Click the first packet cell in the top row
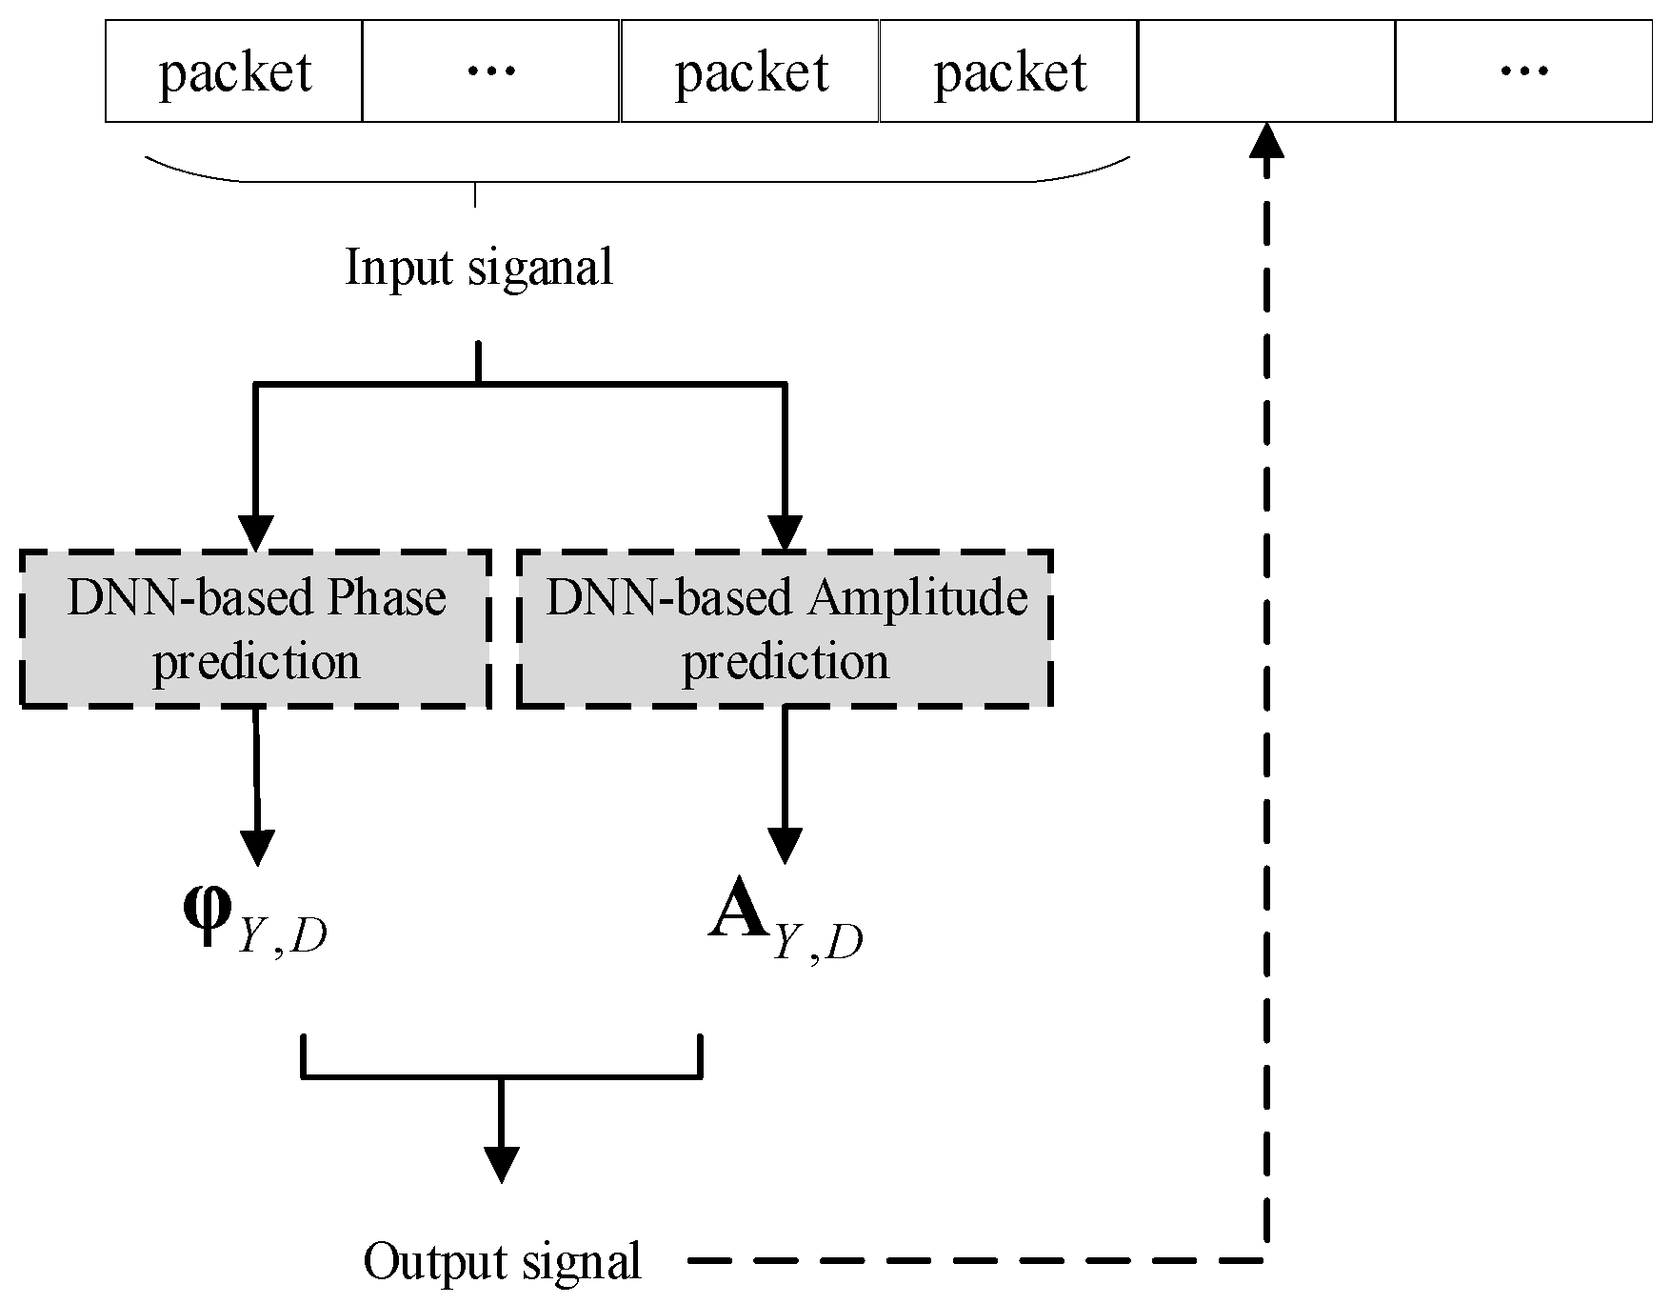[x=234, y=72]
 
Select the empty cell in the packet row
[x=1266, y=72]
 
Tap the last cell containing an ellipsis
[x=1523, y=72]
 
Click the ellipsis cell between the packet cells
[x=491, y=72]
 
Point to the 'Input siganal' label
[x=478, y=268]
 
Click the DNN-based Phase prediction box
[x=255, y=629]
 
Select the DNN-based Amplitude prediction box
[x=785, y=629]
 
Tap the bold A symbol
[x=738, y=915]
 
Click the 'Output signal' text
[x=502, y=1261]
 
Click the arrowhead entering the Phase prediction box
[x=255, y=532]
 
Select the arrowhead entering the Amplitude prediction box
[x=785, y=532]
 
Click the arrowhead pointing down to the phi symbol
[x=257, y=846]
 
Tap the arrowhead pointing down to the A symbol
[x=785, y=846]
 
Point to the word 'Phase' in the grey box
[x=387, y=598]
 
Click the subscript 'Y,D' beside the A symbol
[x=817, y=944]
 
